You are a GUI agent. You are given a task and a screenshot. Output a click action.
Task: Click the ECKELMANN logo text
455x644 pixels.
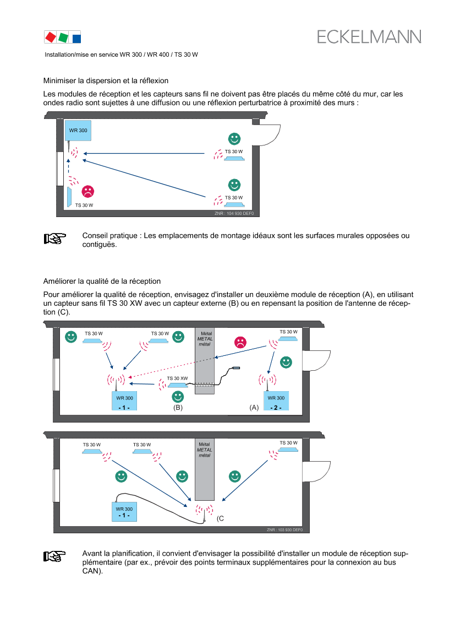[369, 37]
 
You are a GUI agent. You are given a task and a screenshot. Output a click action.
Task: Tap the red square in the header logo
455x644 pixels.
[50, 37]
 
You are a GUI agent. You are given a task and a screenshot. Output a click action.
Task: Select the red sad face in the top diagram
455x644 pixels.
[87, 191]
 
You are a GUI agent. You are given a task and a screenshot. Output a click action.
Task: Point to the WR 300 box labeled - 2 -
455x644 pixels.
[276, 401]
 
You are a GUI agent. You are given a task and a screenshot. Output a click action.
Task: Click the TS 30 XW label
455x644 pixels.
[177, 378]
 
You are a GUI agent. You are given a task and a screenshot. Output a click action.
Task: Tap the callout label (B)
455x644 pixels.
[178, 408]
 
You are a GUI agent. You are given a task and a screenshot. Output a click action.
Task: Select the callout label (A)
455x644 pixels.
[254, 408]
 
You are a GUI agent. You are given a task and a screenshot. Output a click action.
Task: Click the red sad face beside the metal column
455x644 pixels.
[240, 342]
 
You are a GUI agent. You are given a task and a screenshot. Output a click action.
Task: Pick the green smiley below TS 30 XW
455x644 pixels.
[178, 396]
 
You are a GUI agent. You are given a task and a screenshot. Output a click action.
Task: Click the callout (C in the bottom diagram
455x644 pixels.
[220, 518]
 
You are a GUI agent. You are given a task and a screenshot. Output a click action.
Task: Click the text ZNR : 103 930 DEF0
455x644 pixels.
[284, 529]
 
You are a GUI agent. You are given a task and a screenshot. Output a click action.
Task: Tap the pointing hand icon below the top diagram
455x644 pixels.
[54, 239]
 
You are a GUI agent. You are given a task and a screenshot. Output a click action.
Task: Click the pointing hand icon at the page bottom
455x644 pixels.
[54, 556]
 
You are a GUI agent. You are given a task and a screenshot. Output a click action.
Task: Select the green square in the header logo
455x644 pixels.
[63, 37]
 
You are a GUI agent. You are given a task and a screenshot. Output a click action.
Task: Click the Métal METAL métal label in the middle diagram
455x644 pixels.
[204, 338]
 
